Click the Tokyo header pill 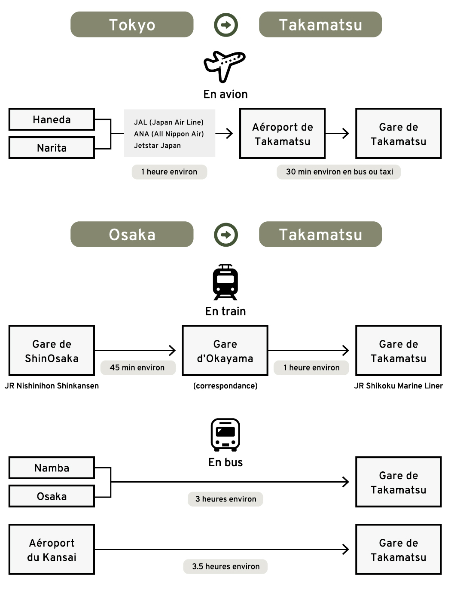coord(132,24)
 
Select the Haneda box coord(52,119)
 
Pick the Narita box coord(52,148)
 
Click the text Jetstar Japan coord(157,146)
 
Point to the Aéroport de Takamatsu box coord(282,134)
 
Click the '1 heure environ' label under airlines coord(169,172)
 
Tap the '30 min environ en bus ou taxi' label coord(339,172)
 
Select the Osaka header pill coord(132,234)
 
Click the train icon coord(225,282)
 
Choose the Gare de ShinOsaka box coord(52,351)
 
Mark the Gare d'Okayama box coord(225,351)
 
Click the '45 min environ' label coord(137,368)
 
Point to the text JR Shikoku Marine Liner coord(398,386)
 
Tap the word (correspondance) coord(225,386)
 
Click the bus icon coord(225,434)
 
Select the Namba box coord(52,468)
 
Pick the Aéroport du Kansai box coord(52,550)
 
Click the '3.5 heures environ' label coord(225,566)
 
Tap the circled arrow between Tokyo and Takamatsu coord(226,24)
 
